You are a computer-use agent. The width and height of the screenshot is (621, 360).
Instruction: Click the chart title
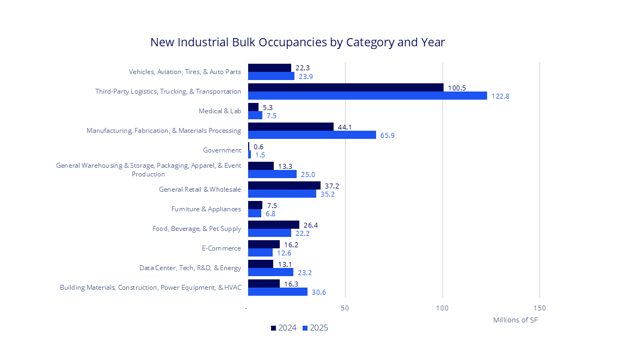(x=297, y=42)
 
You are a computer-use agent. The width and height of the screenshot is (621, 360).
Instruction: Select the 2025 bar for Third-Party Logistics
(x=367, y=96)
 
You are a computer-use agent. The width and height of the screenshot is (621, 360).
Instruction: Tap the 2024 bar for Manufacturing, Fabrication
(x=291, y=126)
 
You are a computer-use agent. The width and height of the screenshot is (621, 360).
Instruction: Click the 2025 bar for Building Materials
(x=278, y=292)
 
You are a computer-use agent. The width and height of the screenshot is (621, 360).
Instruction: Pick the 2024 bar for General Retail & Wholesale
(x=284, y=185)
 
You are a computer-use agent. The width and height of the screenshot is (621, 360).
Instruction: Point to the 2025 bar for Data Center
(x=270, y=272)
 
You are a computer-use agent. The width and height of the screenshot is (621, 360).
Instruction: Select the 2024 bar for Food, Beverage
(x=274, y=224)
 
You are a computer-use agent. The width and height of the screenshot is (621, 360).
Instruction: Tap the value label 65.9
(x=388, y=136)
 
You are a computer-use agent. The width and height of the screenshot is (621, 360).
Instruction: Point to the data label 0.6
(x=259, y=147)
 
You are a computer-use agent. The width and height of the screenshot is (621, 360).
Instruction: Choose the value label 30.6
(x=319, y=292)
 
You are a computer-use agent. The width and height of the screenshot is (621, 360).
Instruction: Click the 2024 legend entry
(x=284, y=328)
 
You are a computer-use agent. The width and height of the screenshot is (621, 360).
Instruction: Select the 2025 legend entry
(x=315, y=328)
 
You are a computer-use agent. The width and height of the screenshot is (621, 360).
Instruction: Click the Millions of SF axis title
(x=515, y=320)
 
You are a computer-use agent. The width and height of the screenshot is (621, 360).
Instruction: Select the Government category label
(x=222, y=150)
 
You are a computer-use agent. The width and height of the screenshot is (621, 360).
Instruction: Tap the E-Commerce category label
(x=221, y=248)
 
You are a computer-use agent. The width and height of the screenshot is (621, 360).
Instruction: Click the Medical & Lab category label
(x=220, y=111)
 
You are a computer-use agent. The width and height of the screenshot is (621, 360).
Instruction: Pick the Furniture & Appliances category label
(x=206, y=209)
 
